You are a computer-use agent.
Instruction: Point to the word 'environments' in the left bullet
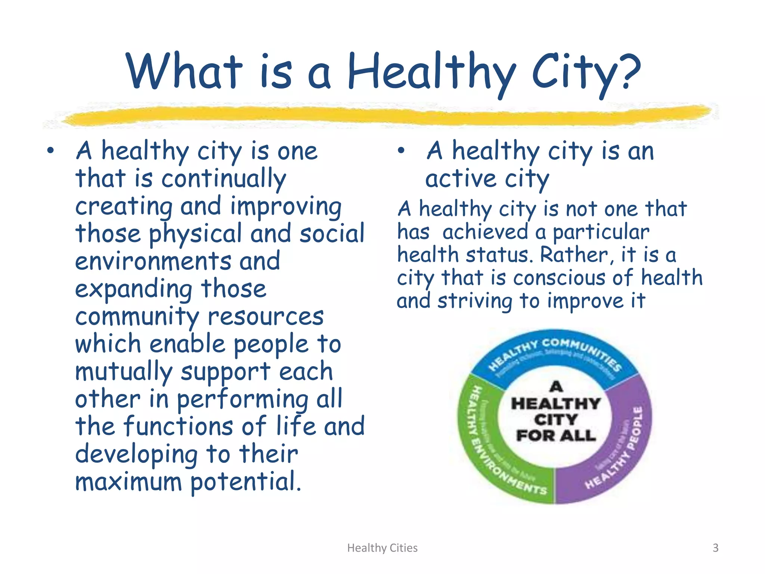coord(153,261)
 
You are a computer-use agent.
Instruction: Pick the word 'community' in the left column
coord(137,317)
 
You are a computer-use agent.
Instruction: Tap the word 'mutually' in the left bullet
coord(124,372)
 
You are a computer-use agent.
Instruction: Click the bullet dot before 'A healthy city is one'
coord(50,151)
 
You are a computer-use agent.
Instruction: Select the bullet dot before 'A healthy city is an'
coord(401,151)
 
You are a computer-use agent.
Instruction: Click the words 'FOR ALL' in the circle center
coord(556,435)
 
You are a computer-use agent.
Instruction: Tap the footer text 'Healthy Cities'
coord(382,548)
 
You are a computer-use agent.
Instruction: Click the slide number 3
coord(715,548)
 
